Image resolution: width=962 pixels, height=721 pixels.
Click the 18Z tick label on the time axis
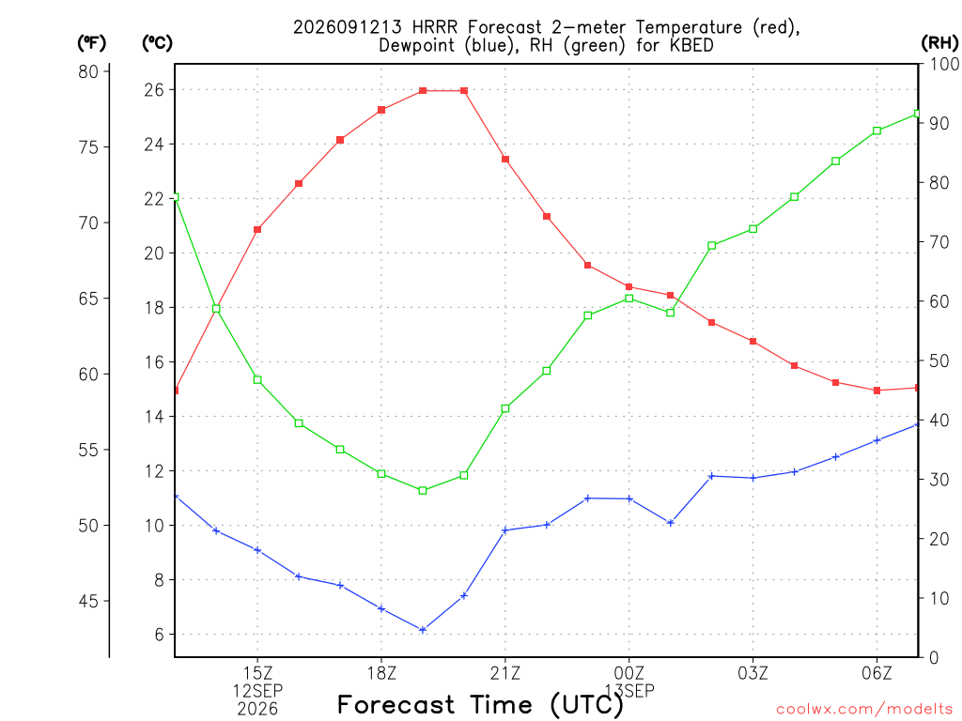(x=381, y=673)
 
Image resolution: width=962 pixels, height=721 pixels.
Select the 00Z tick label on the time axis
(x=628, y=673)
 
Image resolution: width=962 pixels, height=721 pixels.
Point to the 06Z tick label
(x=877, y=673)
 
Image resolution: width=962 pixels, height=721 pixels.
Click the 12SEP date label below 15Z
(x=257, y=691)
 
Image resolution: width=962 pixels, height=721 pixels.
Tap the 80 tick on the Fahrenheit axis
(x=88, y=71)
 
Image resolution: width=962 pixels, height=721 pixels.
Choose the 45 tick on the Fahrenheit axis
(x=88, y=602)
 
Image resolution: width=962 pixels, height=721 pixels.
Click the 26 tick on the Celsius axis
(x=154, y=90)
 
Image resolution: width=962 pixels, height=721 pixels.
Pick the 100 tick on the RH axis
(x=943, y=64)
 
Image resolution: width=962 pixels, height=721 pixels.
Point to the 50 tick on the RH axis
(x=939, y=360)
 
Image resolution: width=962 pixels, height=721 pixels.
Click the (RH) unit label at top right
(x=939, y=43)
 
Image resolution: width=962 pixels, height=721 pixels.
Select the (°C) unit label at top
(x=158, y=43)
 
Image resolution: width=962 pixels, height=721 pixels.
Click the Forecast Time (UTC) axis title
(x=480, y=705)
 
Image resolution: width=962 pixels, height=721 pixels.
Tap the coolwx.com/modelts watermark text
(x=864, y=710)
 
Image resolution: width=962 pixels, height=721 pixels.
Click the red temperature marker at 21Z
(x=505, y=160)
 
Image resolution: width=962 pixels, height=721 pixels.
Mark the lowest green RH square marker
(x=423, y=490)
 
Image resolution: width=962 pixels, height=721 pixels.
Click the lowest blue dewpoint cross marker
(x=423, y=630)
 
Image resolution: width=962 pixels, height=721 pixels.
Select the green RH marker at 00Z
(x=628, y=299)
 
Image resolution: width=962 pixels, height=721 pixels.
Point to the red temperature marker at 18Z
(x=381, y=111)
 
